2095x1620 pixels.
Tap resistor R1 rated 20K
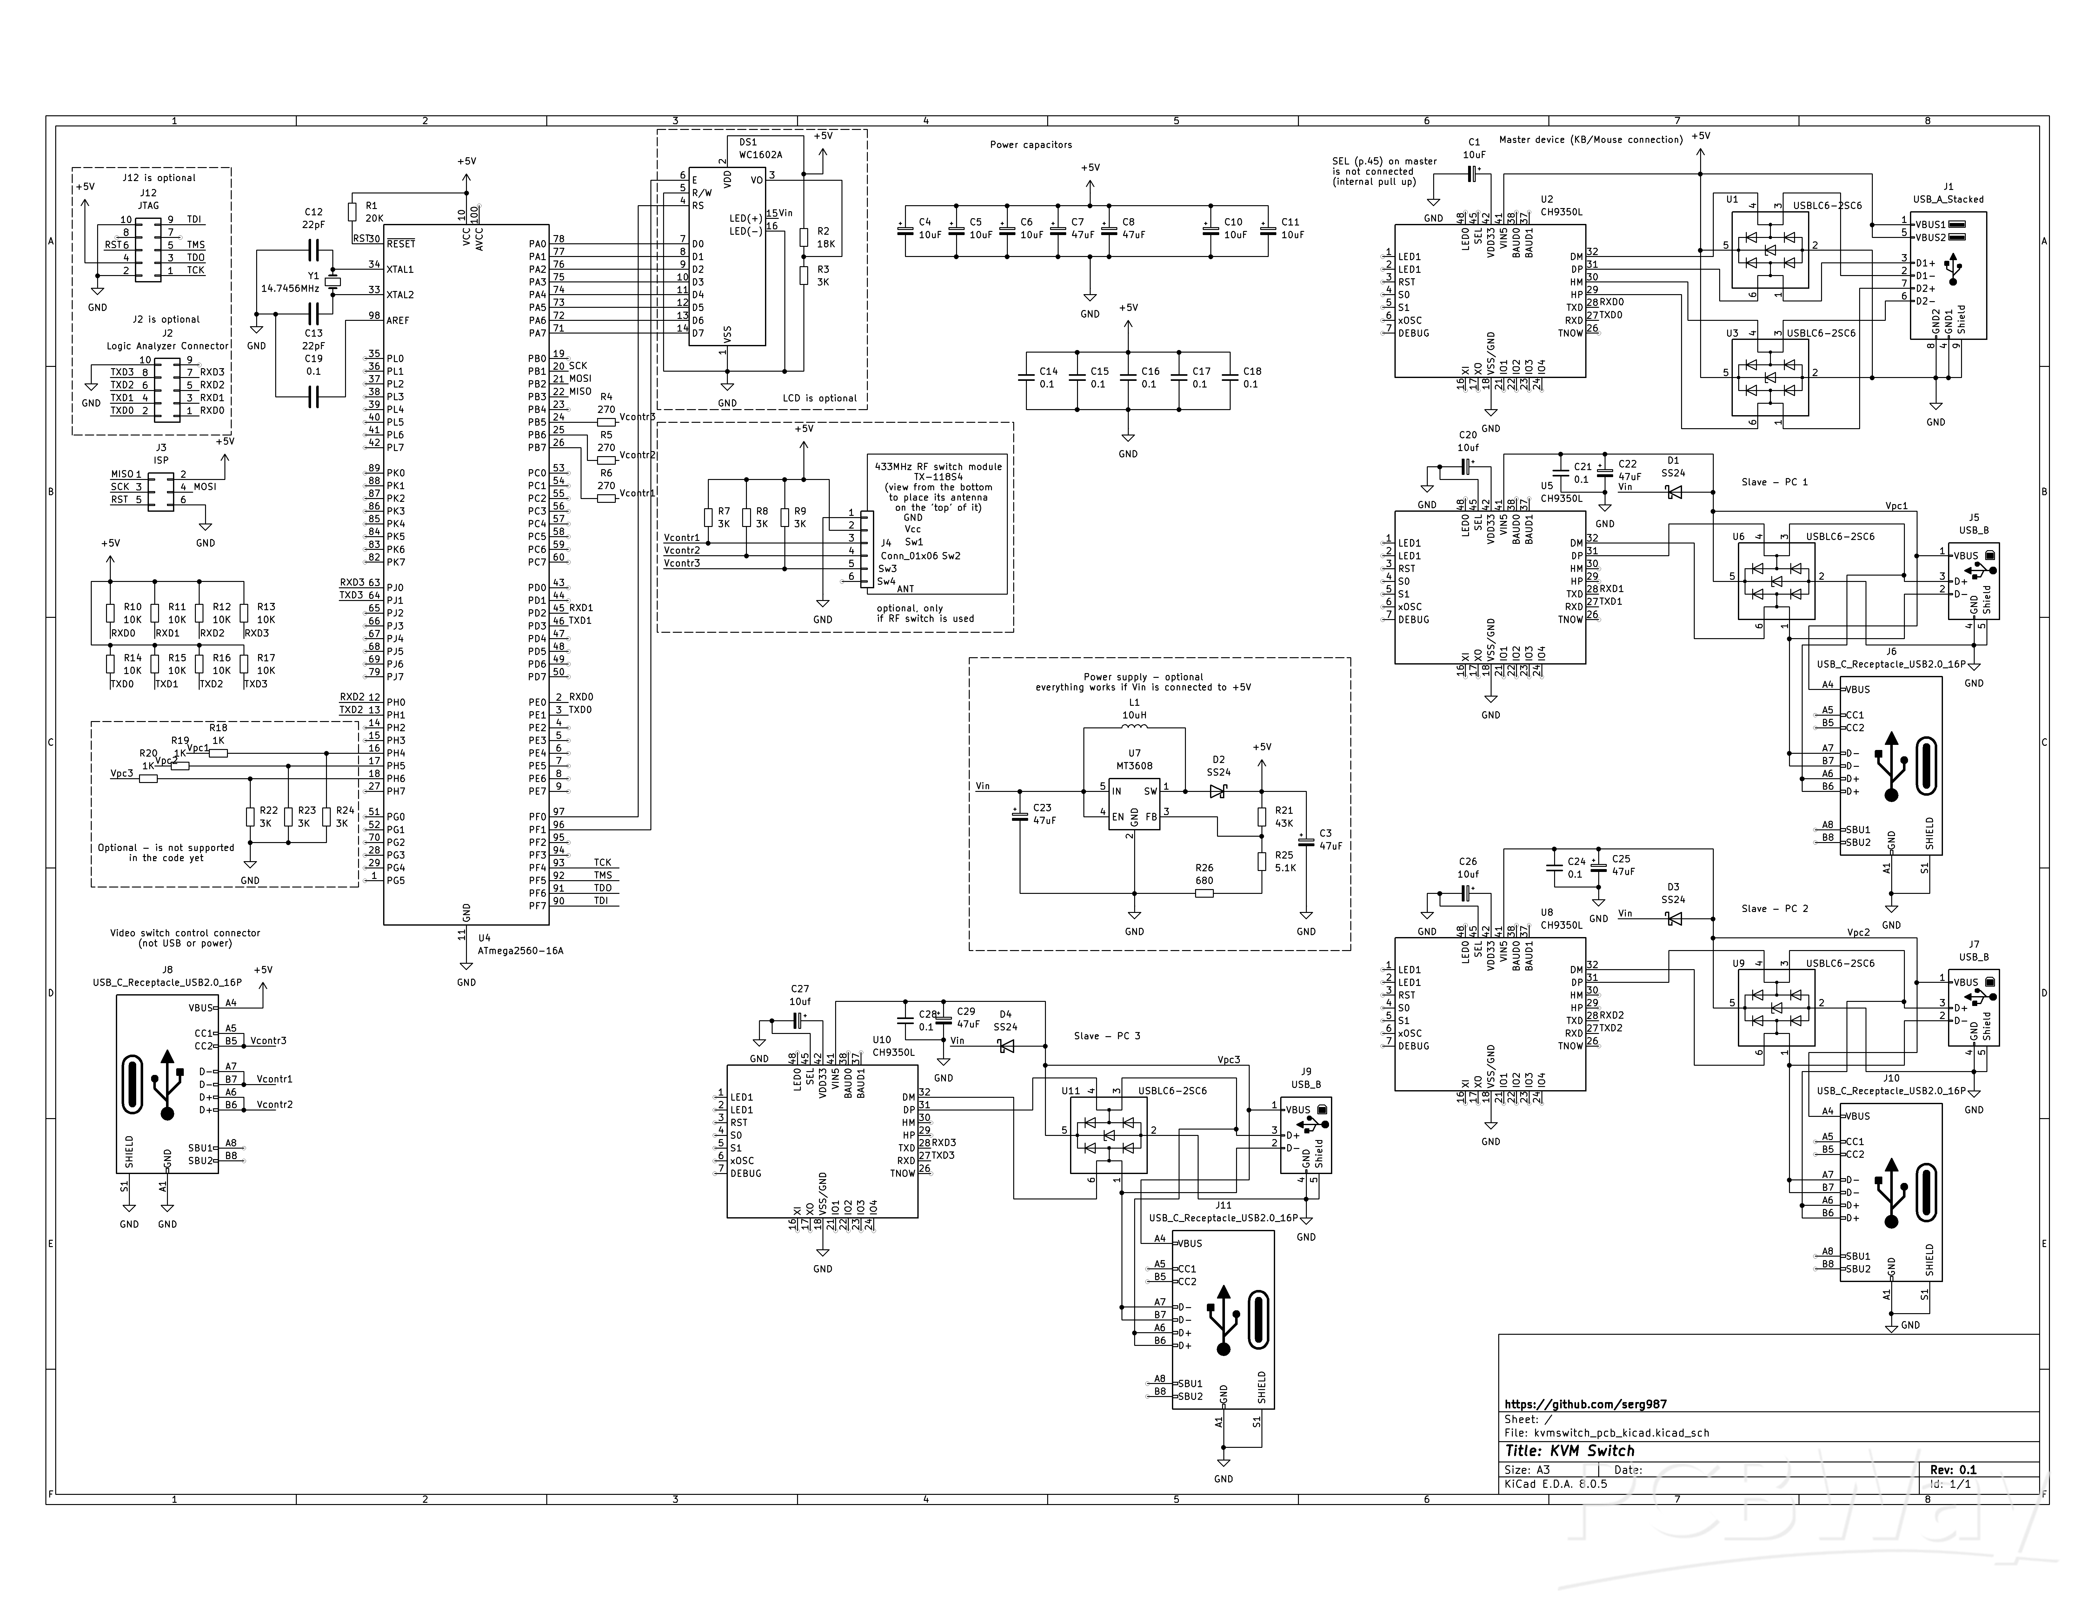pos(352,212)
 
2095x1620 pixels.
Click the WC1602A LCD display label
pos(760,154)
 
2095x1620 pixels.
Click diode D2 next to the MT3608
pos(1218,792)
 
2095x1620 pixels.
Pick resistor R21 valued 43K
pos(1262,817)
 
